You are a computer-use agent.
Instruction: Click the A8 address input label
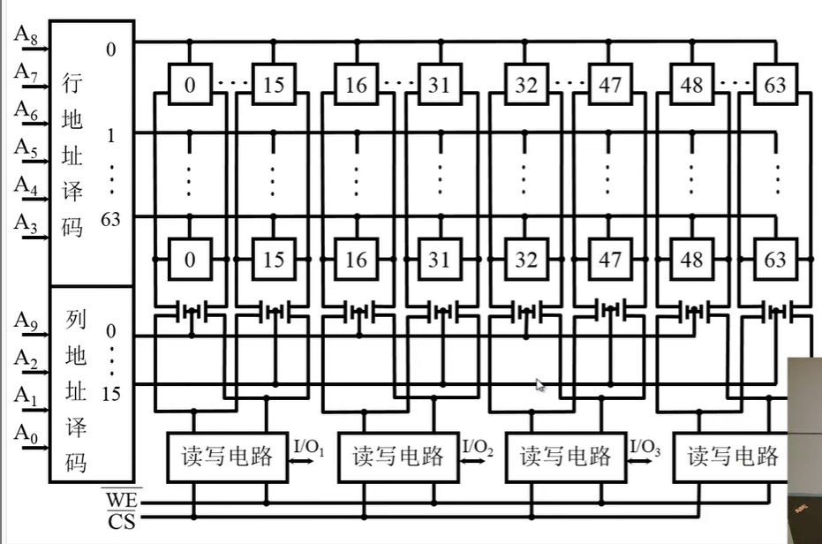tap(24, 34)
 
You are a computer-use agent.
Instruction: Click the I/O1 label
tap(309, 448)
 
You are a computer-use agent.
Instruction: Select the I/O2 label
tap(478, 448)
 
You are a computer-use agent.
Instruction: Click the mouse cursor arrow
tap(540, 384)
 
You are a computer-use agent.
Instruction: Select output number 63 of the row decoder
tap(110, 219)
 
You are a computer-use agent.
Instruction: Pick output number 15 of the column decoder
tap(110, 394)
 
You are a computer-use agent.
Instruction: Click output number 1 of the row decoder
tap(110, 138)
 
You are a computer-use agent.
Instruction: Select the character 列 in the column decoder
tap(75, 319)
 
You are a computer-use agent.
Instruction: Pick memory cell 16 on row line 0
tap(356, 86)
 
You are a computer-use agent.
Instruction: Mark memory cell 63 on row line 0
tap(775, 86)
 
